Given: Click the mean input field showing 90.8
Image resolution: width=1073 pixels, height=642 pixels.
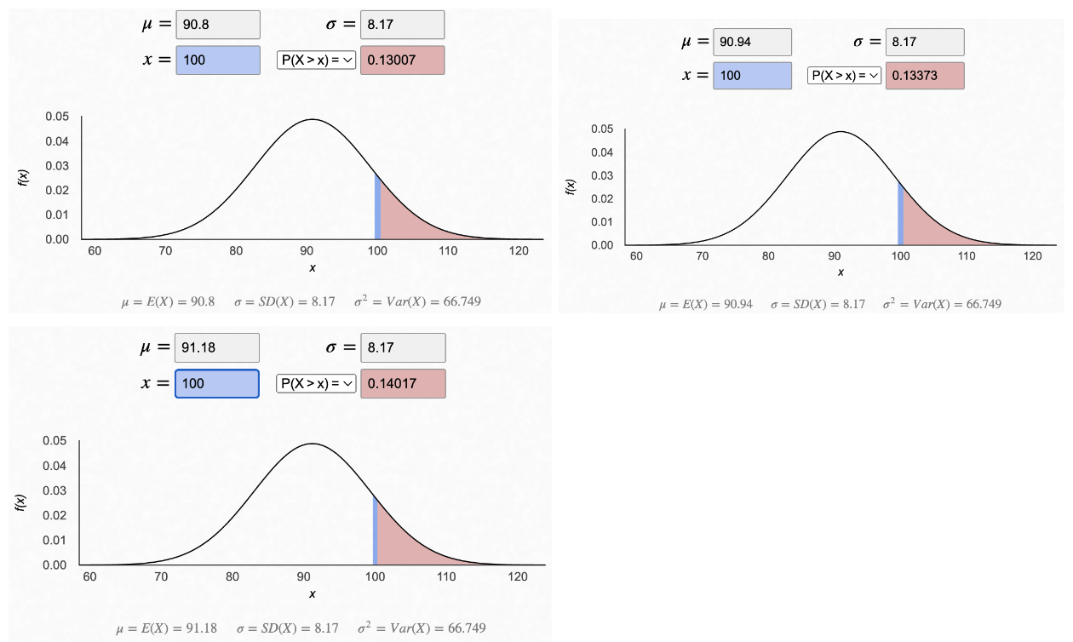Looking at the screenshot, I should (217, 25).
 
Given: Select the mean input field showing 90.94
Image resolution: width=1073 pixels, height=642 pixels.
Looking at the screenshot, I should (753, 42).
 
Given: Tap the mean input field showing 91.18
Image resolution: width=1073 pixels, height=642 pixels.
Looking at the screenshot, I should (216, 348).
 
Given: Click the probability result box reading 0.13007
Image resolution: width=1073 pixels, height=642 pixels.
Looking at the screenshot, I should (402, 60).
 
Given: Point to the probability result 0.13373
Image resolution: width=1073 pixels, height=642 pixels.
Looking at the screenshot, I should (925, 76).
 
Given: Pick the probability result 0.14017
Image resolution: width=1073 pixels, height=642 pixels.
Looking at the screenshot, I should (402, 383).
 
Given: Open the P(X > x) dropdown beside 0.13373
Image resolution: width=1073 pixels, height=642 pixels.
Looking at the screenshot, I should (844, 76).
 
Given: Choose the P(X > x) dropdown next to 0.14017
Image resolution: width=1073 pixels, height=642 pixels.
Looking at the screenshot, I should (316, 383).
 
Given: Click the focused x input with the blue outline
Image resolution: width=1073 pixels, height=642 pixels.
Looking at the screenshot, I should (216, 383).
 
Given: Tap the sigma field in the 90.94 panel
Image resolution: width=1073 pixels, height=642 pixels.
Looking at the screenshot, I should (925, 42).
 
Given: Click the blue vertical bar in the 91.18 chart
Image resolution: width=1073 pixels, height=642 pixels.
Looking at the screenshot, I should (375, 530).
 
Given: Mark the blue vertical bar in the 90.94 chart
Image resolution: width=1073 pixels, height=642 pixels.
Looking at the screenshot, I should (900, 214).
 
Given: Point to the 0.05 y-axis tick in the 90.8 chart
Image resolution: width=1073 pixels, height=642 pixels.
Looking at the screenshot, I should (57, 116).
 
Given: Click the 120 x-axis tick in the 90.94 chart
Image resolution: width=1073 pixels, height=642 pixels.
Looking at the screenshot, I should (1033, 255).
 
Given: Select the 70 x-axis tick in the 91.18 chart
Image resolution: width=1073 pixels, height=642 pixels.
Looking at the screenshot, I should (161, 576).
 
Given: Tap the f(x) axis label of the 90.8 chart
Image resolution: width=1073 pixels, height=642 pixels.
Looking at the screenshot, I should (24, 178).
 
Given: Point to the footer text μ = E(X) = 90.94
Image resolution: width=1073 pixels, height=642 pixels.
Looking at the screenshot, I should (706, 304).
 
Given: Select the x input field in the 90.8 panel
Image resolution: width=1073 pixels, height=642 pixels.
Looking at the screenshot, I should (217, 60).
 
